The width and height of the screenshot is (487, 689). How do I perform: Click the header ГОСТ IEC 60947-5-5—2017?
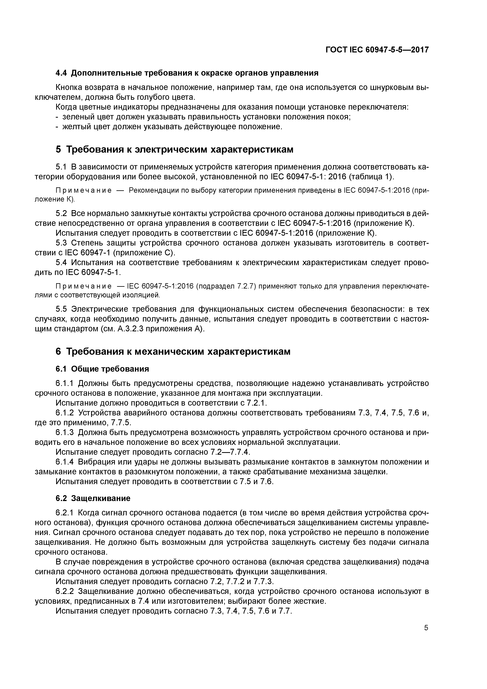point(377,50)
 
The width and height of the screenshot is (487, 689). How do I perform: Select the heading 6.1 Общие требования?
point(102,369)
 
